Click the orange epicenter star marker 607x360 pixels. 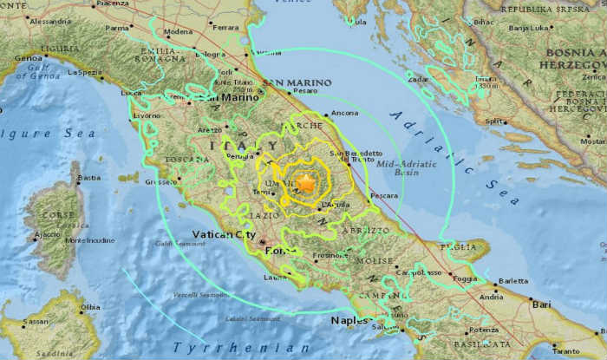click(x=305, y=183)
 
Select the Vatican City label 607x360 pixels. click(x=225, y=234)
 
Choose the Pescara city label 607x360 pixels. click(x=383, y=196)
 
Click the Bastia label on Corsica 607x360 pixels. click(x=88, y=178)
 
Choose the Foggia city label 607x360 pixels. click(x=465, y=279)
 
